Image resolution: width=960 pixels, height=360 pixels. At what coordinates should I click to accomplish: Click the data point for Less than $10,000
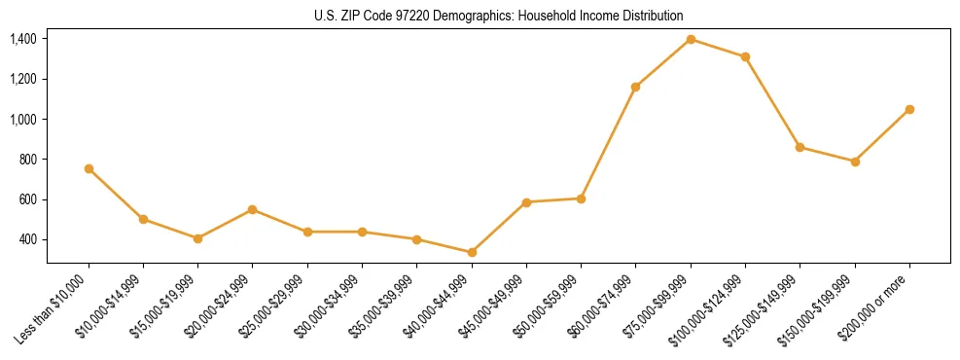pyautogui.click(x=89, y=168)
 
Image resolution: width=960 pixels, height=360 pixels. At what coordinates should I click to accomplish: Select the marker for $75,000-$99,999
pyautogui.click(x=691, y=39)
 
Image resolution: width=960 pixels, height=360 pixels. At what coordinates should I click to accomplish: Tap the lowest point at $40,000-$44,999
pyautogui.click(x=472, y=252)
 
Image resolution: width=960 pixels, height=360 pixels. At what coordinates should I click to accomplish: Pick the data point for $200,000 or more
pyautogui.click(x=909, y=109)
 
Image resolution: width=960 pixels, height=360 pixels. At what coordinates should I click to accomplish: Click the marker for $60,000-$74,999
pyautogui.click(x=635, y=87)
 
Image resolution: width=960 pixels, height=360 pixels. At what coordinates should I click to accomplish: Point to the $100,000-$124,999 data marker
pyautogui.click(x=745, y=56)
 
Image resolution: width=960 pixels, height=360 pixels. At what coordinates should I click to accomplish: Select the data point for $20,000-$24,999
pyautogui.click(x=252, y=209)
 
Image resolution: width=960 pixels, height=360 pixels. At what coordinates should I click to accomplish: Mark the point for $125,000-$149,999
pyautogui.click(x=800, y=147)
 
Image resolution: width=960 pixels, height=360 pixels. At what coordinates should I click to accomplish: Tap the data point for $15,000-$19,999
pyautogui.click(x=197, y=238)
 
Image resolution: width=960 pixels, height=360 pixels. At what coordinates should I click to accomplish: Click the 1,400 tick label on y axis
pyautogui.click(x=23, y=39)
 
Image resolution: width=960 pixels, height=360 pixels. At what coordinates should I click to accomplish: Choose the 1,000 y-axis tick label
pyautogui.click(x=23, y=120)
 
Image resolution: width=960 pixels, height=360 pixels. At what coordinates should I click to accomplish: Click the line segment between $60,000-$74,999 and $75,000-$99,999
pyautogui.click(x=663, y=62)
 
